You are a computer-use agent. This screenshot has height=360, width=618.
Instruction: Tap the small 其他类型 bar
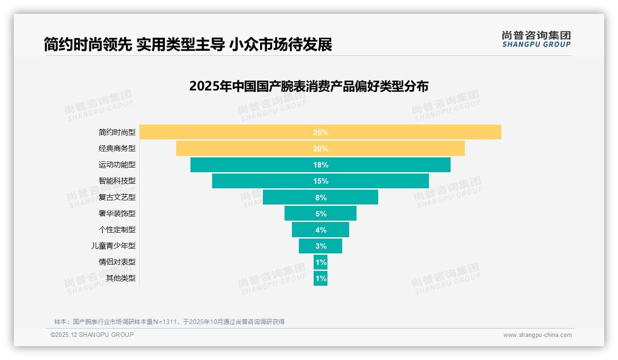[321, 278]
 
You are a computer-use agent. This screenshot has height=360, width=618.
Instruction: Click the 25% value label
[321, 132]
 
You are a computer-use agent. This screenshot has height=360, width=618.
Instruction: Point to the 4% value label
[321, 230]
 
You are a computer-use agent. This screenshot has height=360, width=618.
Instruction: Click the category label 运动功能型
[117, 164]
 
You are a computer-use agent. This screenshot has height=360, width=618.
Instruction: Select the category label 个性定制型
[117, 229]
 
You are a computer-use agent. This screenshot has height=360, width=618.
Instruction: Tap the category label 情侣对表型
[117, 262]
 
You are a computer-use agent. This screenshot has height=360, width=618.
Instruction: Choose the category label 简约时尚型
[117, 132]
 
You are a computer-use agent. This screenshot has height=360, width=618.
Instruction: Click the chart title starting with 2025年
[309, 86]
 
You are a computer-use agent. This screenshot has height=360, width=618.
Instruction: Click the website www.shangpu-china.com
[537, 335]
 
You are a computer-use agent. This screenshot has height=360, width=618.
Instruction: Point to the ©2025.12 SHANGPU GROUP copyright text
[92, 335]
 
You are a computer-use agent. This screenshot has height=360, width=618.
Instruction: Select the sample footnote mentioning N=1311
[169, 322]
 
